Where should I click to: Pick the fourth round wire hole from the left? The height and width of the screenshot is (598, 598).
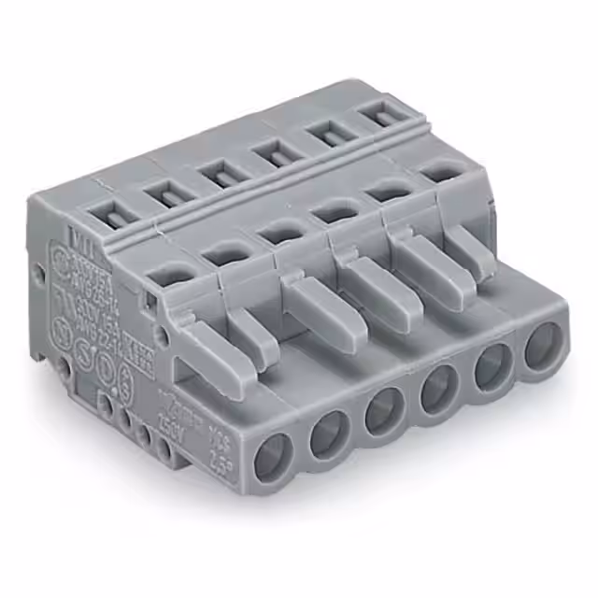(x=439, y=392)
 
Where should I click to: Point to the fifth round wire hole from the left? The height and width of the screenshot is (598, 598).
(x=492, y=369)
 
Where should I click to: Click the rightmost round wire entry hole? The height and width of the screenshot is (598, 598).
(x=543, y=346)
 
